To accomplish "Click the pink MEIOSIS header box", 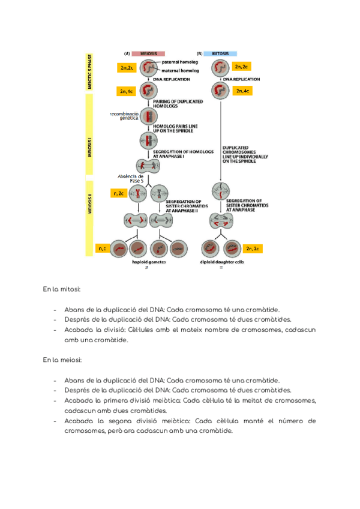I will point(149,53).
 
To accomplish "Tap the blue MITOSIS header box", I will point(220,53).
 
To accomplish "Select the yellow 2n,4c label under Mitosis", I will point(242,91).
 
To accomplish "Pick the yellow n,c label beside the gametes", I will point(102,247).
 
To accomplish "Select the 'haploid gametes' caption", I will point(149,262).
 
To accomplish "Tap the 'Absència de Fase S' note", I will point(133,178).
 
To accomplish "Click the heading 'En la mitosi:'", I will point(62,291).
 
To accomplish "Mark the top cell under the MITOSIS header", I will point(220,68).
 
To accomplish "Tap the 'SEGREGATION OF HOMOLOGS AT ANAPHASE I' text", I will point(183,154).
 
